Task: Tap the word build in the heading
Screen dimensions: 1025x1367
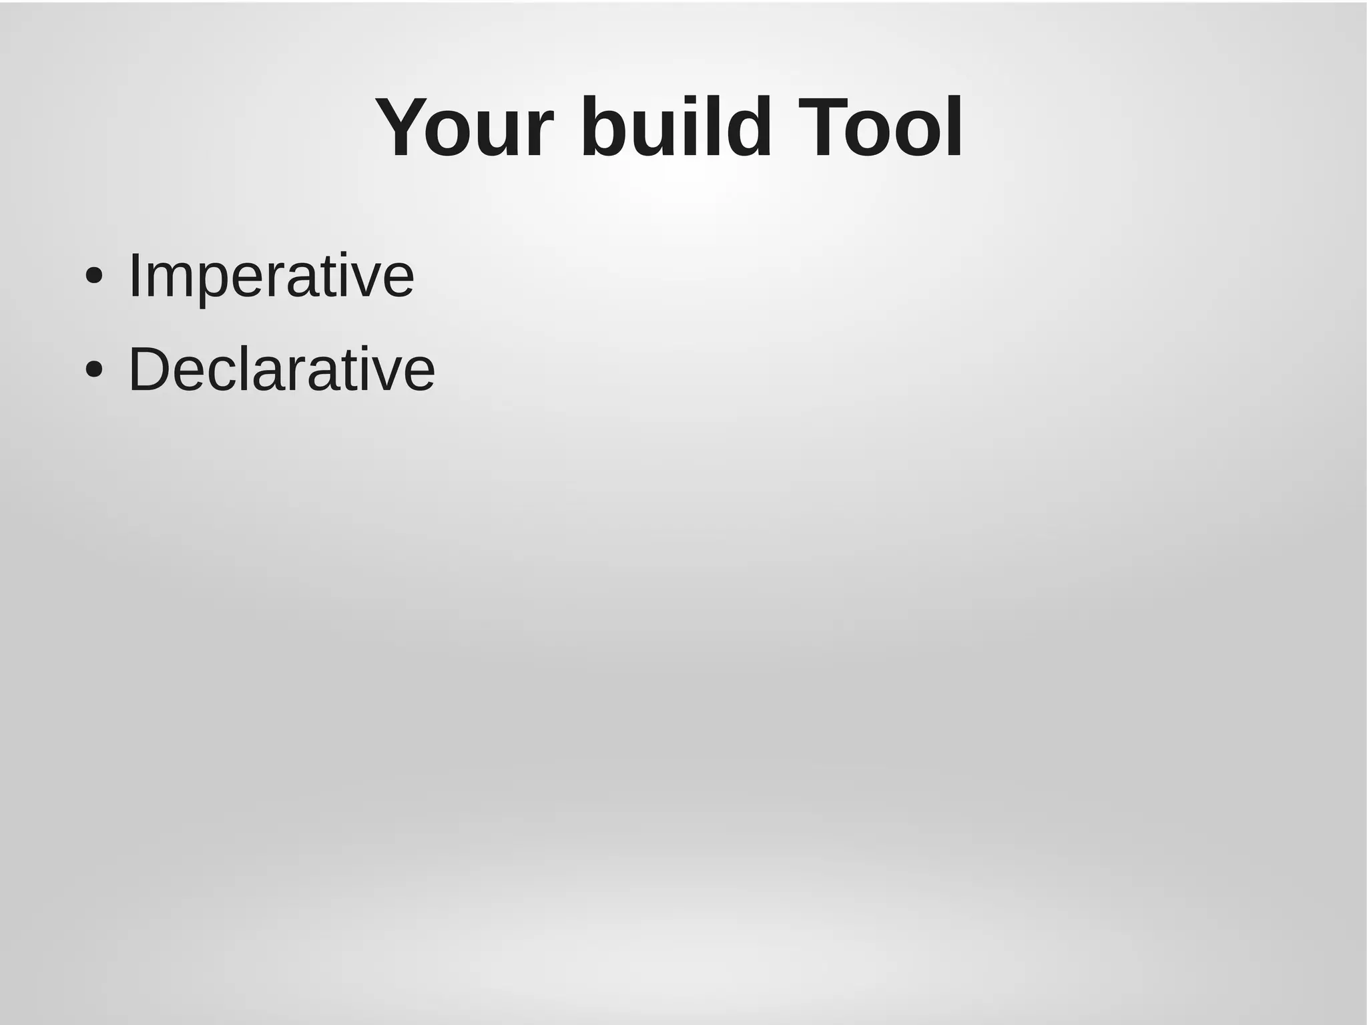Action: (x=676, y=128)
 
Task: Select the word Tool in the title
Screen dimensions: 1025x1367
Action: (x=880, y=128)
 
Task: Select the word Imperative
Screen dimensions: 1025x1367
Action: (x=271, y=275)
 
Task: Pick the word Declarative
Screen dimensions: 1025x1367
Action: (x=281, y=369)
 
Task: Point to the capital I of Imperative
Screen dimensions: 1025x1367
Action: (x=133, y=275)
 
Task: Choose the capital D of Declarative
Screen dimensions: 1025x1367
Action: (x=150, y=369)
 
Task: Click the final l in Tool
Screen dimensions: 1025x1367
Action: (x=954, y=128)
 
